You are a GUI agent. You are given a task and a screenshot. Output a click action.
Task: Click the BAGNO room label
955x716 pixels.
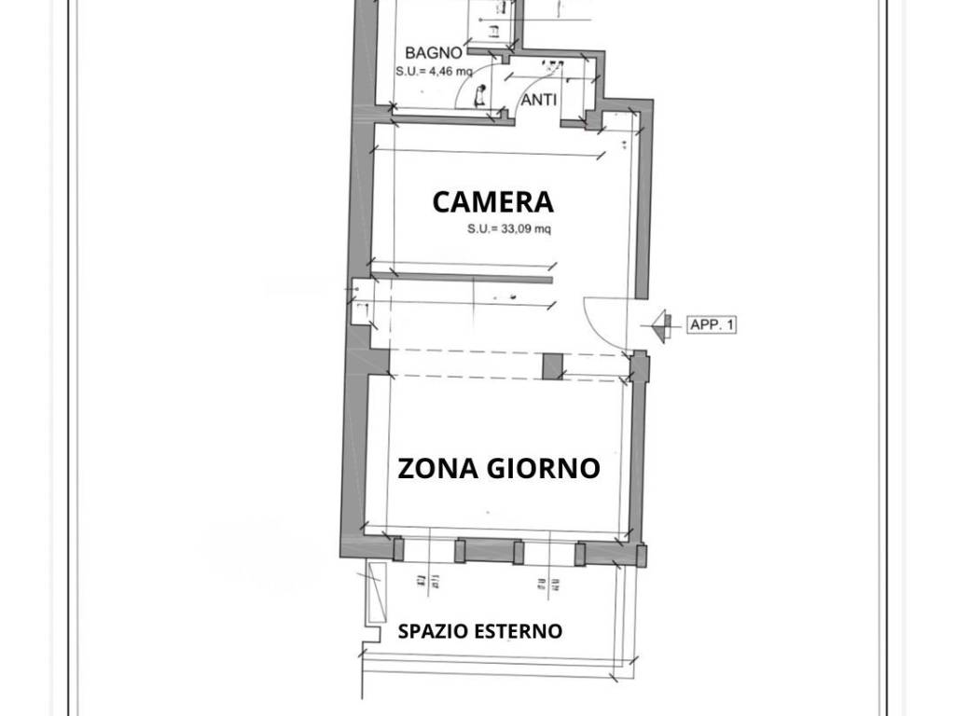coord(434,53)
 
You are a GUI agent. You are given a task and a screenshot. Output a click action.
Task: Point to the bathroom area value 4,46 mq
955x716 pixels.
coord(435,70)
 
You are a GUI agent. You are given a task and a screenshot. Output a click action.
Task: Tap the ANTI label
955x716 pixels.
coord(539,100)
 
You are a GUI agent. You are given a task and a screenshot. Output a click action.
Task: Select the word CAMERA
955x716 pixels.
coord(492,201)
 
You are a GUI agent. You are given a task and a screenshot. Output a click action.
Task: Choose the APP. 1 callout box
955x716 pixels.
coord(713,325)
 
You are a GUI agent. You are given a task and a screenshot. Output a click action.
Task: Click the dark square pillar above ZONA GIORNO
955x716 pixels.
coord(553,366)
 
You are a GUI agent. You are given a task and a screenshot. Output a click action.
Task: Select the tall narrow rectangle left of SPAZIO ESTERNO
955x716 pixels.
coord(377,593)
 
